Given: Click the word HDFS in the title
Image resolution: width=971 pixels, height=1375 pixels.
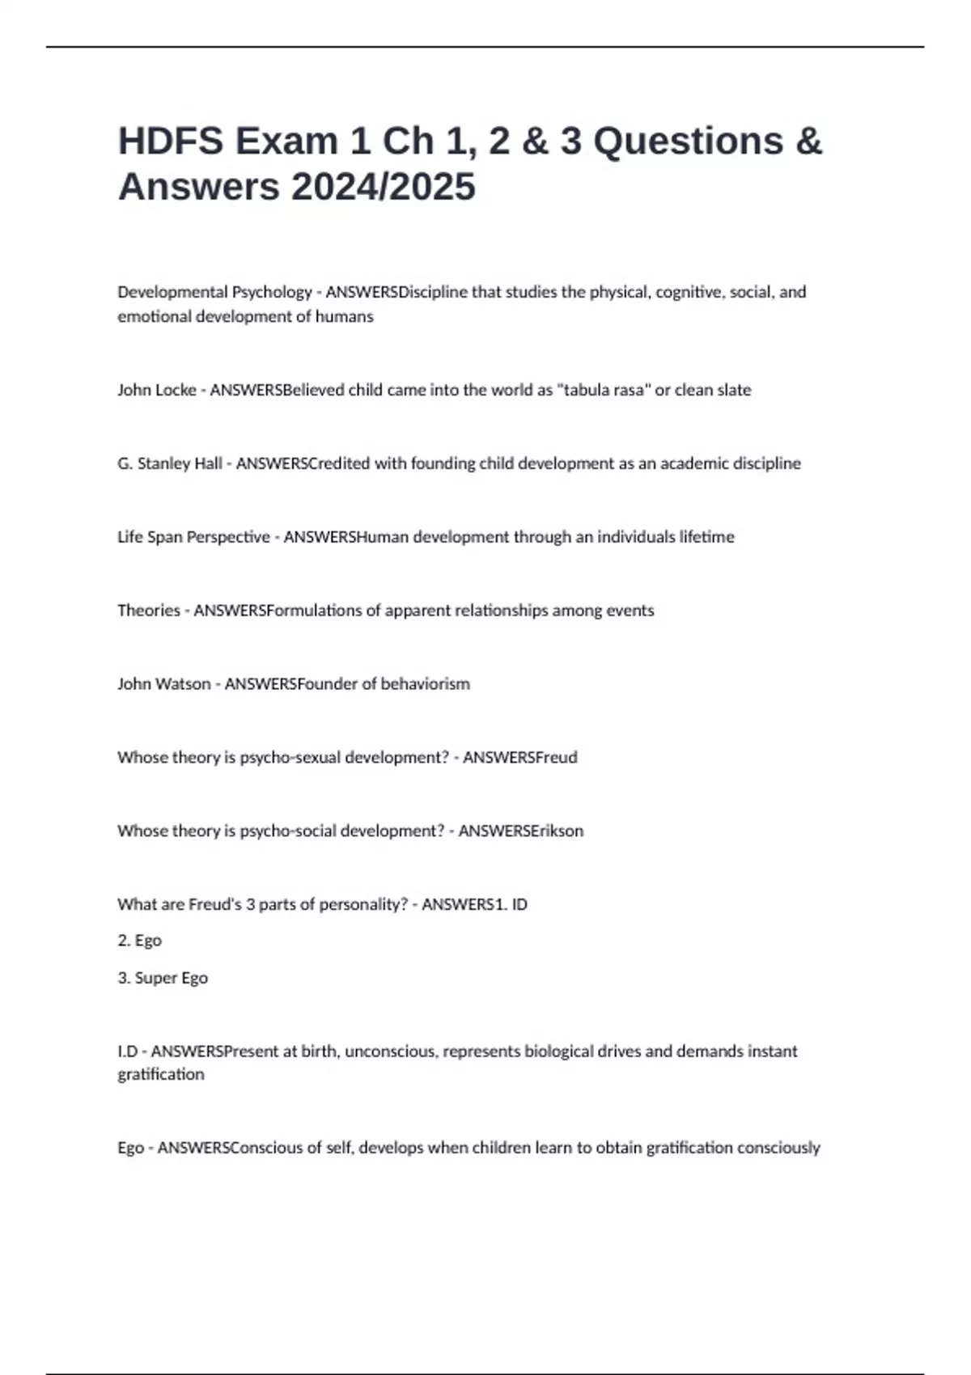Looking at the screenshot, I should [x=170, y=141].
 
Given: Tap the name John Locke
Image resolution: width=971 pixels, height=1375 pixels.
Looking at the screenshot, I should [x=157, y=390].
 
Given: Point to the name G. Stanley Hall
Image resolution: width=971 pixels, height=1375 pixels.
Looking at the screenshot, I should [x=170, y=463].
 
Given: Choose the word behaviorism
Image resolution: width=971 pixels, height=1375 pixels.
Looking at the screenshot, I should [x=425, y=683].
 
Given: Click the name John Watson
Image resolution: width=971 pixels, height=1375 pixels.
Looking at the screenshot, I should [x=164, y=683].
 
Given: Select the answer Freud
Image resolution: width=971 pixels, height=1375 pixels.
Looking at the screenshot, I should [x=556, y=757].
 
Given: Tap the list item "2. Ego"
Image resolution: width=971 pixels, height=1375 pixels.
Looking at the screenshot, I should [x=140, y=940].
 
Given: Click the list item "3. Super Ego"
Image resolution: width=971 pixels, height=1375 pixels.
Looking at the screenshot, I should [x=163, y=977].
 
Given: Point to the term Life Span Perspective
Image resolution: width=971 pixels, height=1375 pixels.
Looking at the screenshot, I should [x=193, y=537].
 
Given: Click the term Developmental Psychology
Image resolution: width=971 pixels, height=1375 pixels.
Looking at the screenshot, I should [x=214, y=292].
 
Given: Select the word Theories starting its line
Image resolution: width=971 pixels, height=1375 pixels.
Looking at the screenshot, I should [x=149, y=610].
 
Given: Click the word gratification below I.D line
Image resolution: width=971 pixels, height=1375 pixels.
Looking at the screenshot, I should [x=161, y=1074].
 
